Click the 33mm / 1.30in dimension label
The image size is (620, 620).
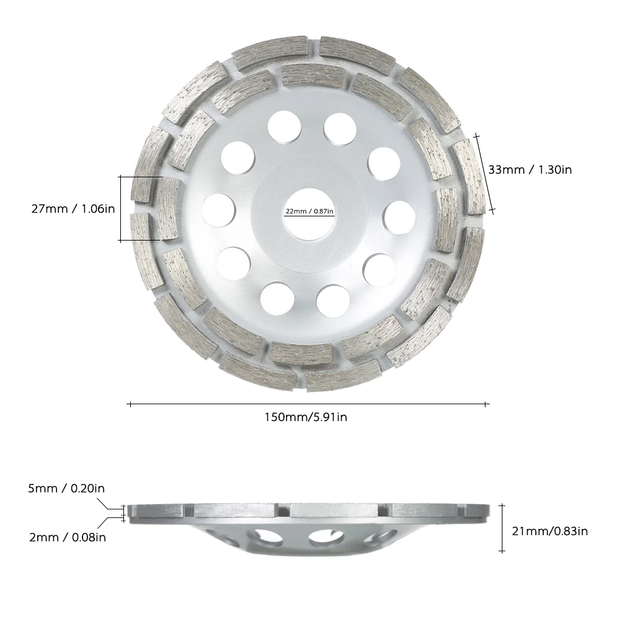point(529,169)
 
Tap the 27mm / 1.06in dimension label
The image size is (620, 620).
point(73,209)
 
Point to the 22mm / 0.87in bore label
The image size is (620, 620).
point(309,211)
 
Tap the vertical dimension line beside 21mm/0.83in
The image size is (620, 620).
point(502,527)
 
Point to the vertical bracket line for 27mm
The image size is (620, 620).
point(120,208)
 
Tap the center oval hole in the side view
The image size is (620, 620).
point(322,538)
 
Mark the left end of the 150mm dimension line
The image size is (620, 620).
point(130,404)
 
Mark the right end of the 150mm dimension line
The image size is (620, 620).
point(489,404)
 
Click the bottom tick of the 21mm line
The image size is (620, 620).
point(502,551)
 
